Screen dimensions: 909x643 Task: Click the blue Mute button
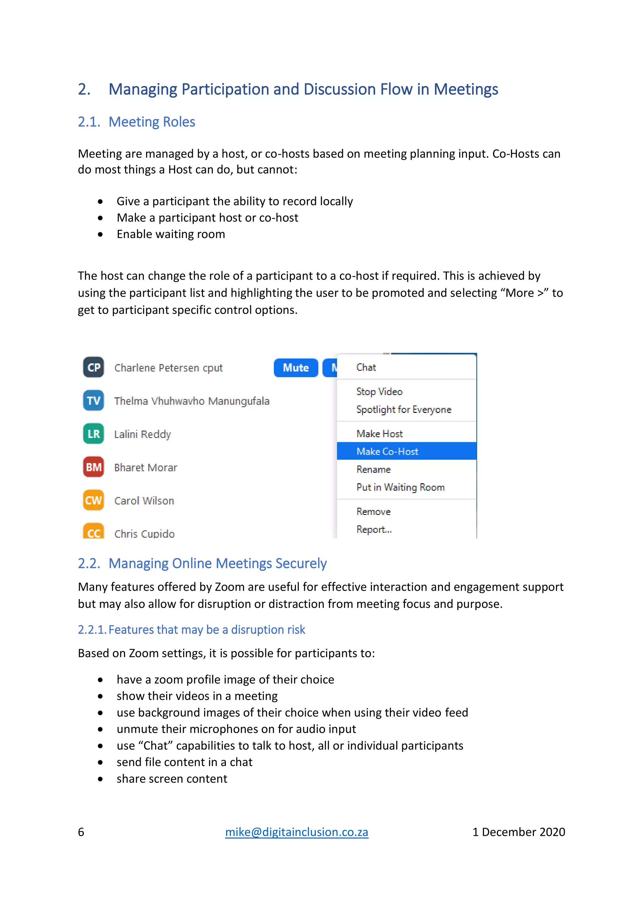[296, 368]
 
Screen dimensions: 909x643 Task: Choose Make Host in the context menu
[379, 434]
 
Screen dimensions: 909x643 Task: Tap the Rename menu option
[373, 469]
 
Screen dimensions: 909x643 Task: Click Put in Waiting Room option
[400, 487]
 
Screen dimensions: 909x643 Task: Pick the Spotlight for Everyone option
[403, 409]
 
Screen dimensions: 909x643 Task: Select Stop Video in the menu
[379, 392]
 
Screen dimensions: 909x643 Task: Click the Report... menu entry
[374, 529]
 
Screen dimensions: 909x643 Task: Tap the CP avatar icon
[94, 367]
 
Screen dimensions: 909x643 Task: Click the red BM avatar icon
[94, 467]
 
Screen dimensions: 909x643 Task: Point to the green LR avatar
[94, 434]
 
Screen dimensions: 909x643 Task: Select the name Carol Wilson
[144, 501]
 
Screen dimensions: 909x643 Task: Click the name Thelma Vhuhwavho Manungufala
[192, 401]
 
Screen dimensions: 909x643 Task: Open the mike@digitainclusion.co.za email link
[297, 832]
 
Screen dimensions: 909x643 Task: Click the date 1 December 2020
[518, 832]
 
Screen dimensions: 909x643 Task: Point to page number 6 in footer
[81, 832]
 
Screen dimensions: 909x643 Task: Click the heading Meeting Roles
[152, 122]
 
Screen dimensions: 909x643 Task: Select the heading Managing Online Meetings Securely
[217, 563]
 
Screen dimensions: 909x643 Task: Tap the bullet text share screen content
[172, 779]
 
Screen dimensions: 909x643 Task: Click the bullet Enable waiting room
[171, 234]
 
